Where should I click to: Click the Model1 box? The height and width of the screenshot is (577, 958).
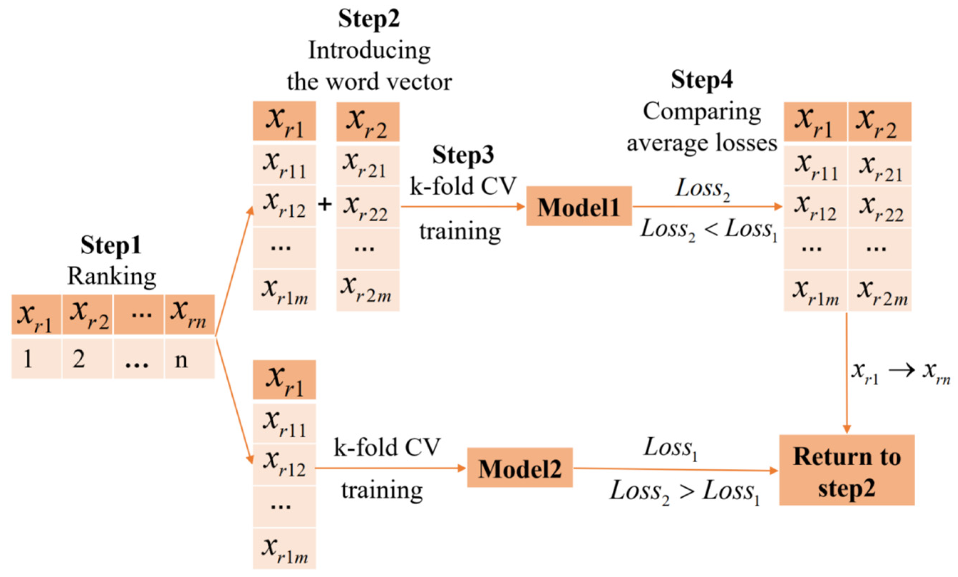(578, 206)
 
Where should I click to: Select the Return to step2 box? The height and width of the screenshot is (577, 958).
(846, 470)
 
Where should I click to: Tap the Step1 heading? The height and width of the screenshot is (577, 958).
(111, 245)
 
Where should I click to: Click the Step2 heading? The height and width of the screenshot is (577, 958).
(369, 18)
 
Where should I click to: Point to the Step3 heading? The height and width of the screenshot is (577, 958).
(463, 155)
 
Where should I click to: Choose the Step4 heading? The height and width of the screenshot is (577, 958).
(702, 80)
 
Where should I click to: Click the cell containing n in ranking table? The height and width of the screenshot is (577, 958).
(189, 359)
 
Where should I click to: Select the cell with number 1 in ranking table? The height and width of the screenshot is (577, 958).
(36, 359)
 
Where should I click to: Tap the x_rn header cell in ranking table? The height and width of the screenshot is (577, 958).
(189, 315)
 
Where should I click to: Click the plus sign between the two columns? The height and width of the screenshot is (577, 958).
(325, 204)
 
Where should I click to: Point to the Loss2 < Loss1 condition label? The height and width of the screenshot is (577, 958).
(709, 230)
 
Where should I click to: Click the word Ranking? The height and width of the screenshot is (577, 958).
(112, 277)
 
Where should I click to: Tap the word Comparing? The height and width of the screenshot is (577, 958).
(702, 112)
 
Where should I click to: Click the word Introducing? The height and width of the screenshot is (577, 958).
(369, 51)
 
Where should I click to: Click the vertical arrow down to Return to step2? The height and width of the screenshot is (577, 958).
(846, 373)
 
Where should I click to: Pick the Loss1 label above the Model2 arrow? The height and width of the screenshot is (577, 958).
(671, 448)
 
